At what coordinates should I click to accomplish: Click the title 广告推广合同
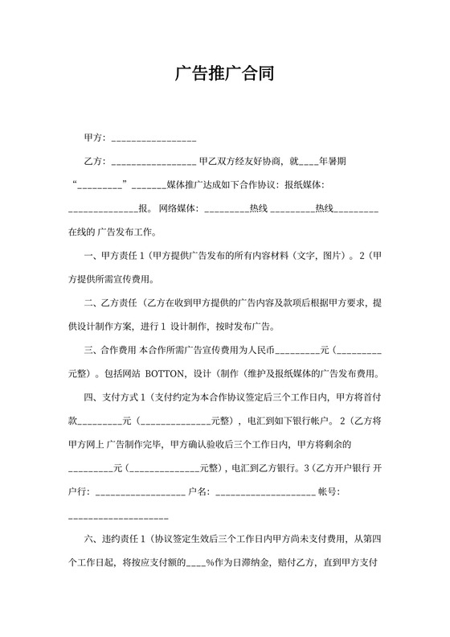pos(224,75)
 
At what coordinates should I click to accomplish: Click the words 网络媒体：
pos(179,208)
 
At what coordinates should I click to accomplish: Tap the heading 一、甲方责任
pos(111,257)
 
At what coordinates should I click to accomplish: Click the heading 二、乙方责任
pos(111,303)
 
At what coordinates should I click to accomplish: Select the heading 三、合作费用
pos(111,351)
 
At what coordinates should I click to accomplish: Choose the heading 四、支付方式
pos(111,397)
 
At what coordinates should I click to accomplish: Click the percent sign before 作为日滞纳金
pos(210,563)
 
